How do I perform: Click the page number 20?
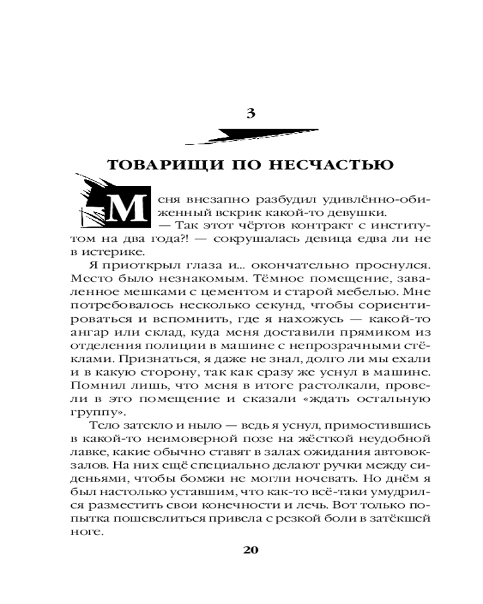251,550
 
